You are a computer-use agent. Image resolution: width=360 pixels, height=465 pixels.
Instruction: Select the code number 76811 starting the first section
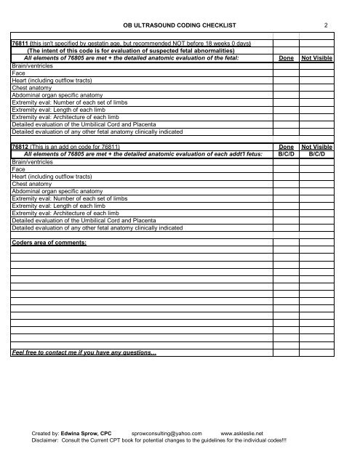pyautogui.click(x=20, y=44)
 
